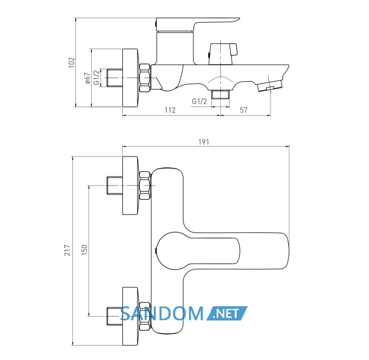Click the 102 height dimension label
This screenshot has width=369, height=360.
click(x=72, y=62)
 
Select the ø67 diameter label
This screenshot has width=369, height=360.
click(x=87, y=78)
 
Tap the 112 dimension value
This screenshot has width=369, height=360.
click(x=170, y=110)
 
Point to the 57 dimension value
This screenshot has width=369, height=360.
click(x=244, y=110)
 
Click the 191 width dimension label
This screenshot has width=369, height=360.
click(x=204, y=142)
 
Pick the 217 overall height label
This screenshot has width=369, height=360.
click(x=67, y=250)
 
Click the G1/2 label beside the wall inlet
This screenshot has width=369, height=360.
click(x=96, y=77)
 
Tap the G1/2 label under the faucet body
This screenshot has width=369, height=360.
click(x=200, y=101)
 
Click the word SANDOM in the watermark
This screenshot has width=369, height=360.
click(x=162, y=314)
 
